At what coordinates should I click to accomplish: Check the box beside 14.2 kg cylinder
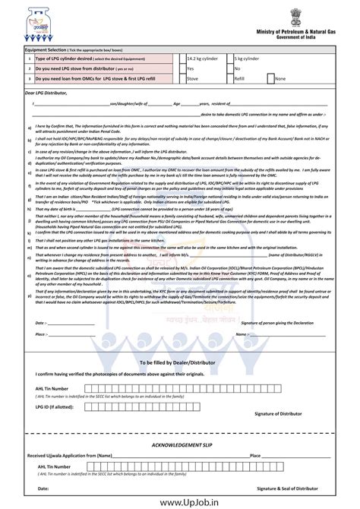pyautogui.click(x=182, y=58)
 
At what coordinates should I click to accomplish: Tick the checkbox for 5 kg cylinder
pyautogui.click(x=229, y=58)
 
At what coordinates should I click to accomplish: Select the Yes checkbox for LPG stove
pyautogui.click(x=182, y=68)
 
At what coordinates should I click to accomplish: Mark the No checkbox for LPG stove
pyautogui.click(x=229, y=68)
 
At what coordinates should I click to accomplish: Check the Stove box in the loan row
pyautogui.click(x=182, y=77)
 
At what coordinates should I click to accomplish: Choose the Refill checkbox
pyautogui.click(x=229, y=77)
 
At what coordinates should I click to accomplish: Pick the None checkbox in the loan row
pyautogui.click(x=270, y=77)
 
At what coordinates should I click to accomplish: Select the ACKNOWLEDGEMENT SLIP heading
pyautogui.click(x=180, y=443)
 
